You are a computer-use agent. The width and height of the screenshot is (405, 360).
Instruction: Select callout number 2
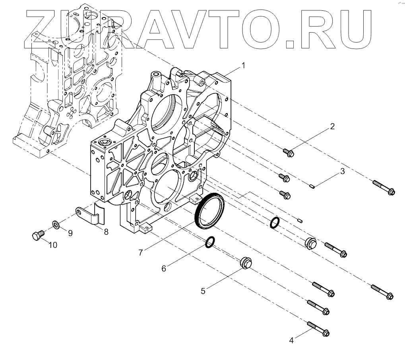(x=332, y=127)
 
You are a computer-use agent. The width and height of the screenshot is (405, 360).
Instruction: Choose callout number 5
(x=203, y=291)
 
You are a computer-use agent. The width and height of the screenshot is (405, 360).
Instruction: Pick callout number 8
(x=106, y=232)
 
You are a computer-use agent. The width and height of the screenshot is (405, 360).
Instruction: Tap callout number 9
(x=70, y=233)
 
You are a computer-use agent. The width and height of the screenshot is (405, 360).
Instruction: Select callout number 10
(x=52, y=245)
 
